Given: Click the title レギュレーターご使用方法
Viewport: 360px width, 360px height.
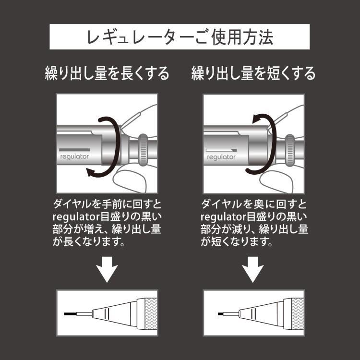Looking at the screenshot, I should click(180, 36).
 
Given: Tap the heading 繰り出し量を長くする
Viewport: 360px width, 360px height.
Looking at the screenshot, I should click(107, 73).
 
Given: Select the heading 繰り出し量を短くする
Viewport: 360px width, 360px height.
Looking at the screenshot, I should click(253, 73).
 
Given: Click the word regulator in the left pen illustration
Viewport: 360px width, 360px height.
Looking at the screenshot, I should click(72, 156).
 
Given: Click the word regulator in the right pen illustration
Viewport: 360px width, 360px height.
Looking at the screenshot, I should click(221, 156).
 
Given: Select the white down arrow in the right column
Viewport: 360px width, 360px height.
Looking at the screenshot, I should click(253, 270).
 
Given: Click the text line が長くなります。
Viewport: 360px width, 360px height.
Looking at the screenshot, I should click(89, 242).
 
